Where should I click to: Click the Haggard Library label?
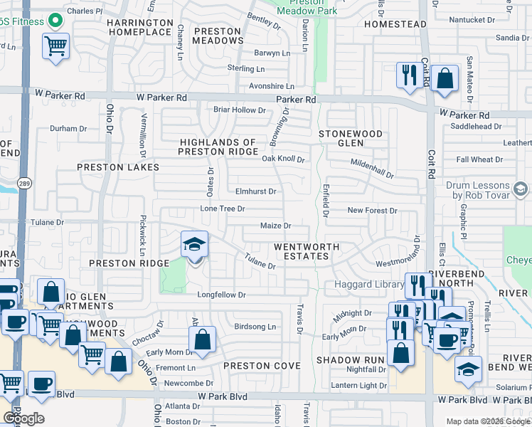coord(359,285)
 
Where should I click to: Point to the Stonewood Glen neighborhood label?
coord(350,138)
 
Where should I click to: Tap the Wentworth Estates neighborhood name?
coord(307,251)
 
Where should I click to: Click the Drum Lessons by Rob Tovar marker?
coord(520,189)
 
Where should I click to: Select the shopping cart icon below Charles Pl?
coord(55,48)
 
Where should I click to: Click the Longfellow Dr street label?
coord(222,295)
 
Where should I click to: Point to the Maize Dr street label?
coord(276,226)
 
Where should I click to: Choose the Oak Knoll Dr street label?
coord(283,159)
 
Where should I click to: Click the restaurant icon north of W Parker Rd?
coord(409,75)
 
